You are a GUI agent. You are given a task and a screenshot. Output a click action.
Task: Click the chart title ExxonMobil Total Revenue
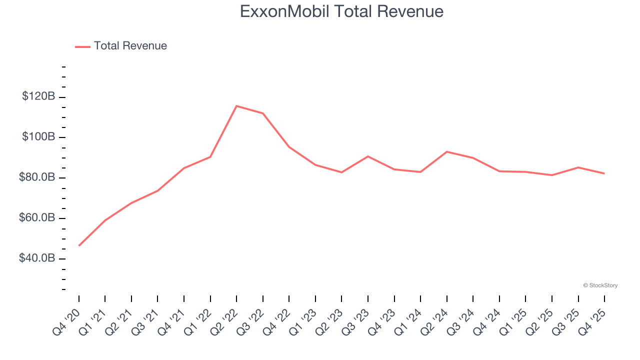click(x=341, y=11)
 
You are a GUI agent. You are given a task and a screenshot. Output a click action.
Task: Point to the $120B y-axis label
click(x=38, y=96)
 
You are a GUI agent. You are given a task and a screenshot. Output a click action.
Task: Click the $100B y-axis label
click(x=38, y=137)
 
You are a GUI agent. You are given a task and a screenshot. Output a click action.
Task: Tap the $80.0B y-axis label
click(x=37, y=177)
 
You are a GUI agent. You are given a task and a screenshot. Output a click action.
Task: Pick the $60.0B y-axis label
click(x=37, y=218)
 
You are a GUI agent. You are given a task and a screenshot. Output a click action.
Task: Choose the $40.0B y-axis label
click(x=37, y=258)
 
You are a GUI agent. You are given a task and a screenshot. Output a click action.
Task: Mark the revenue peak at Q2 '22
click(x=236, y=106)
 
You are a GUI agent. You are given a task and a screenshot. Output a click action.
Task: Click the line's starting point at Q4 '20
click(x=79, y=245)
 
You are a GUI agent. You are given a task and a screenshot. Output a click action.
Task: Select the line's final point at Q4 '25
click(x=604, y=173)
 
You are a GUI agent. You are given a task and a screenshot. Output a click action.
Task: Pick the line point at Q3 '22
click(x=263, y=113)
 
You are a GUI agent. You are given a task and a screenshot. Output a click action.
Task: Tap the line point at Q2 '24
click(x=446, y=151)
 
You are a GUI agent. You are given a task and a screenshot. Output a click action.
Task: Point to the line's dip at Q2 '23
click(x=341, y=172)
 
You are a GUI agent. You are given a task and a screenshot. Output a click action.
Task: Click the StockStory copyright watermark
click(x=600, y=285)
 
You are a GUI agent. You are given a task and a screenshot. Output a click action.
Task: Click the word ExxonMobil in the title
click(x=284, y=11)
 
